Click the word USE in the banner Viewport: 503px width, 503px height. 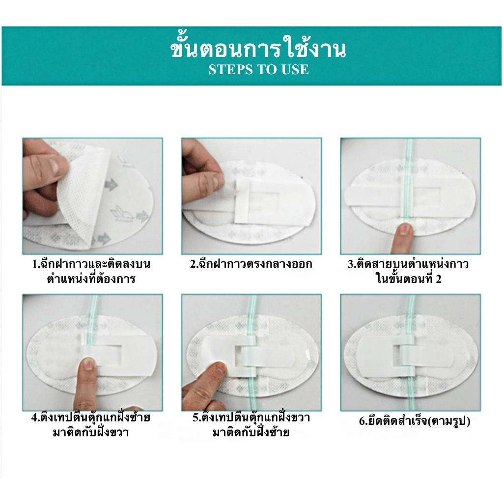click(295, 70)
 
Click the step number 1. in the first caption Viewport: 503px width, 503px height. click(35, 264)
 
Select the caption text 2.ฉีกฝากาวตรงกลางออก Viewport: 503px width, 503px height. click(251, 264)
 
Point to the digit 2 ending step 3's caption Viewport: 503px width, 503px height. click(439, 279)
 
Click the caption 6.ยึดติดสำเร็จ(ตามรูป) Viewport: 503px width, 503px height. click(415, 420)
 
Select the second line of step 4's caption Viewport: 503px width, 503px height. click(91, 432)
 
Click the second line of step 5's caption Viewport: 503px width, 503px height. click(251, 432)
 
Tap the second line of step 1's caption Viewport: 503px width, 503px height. click(91, 279)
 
